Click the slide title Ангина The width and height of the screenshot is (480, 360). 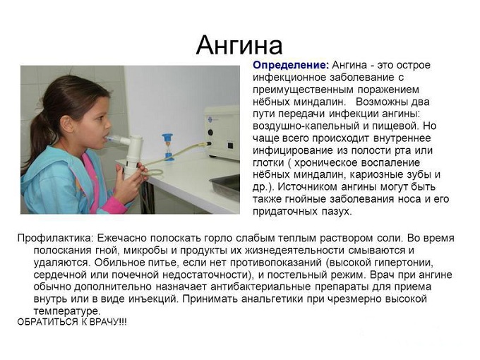click(x=239, y=45)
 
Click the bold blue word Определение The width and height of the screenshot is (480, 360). click(x=291, y=65)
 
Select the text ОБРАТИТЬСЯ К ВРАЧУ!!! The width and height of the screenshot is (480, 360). click(x=72, y=322)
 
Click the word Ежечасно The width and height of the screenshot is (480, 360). click(x=121, y=238)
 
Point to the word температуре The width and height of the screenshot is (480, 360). click(x=67, y=311)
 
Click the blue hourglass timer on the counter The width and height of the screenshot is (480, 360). click(x=167, y=147)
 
